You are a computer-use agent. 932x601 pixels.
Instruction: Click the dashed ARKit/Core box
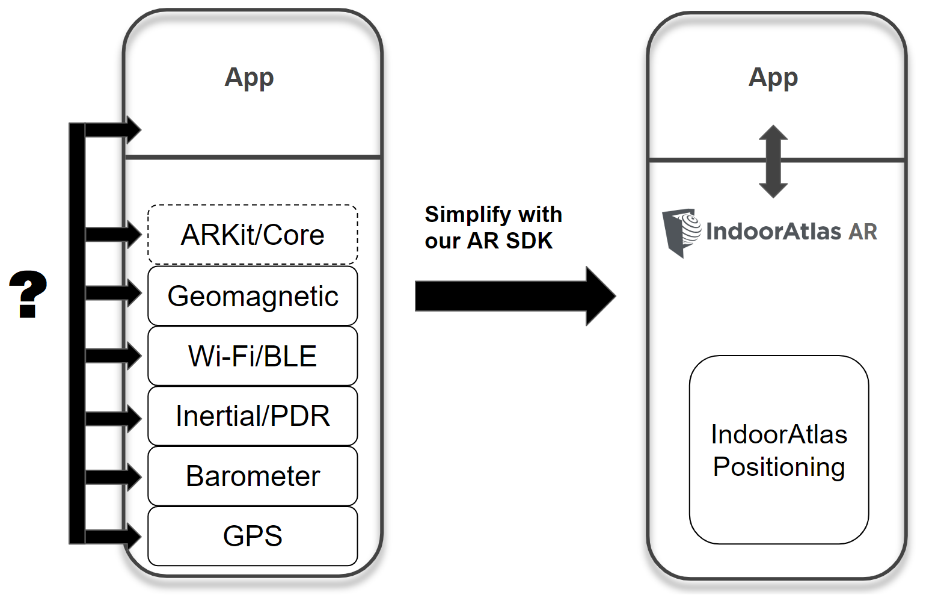pos(253,235)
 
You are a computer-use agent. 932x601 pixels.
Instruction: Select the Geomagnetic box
pos(253,296)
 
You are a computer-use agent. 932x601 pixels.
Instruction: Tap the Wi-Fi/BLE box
pos(253,356)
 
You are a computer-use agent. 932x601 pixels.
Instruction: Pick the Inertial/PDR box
pos(253,416)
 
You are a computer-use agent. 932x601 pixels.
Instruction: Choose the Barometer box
pos(253,476)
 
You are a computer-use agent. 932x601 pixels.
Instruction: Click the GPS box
pos(253,536)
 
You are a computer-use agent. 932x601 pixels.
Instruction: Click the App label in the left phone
pos(249,78)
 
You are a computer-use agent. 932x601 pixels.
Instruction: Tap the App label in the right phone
pos(773,78)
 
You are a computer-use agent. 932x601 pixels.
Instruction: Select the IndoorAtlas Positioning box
pos(779,450)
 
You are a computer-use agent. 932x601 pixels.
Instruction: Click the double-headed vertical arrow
pos(773,161)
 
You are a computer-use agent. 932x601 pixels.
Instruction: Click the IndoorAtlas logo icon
pos(681,232)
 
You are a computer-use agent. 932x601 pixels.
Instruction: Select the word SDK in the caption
pos(529,241)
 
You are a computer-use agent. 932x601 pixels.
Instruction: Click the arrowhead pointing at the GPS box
pos(132,536)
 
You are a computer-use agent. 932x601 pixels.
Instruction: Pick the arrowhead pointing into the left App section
pos(132,129)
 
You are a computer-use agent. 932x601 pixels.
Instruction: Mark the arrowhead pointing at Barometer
pos(132,477)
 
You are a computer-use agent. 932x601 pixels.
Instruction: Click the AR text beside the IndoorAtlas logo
pos(863,232)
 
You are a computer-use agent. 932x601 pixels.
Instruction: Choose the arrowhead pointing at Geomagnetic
pos(132,293)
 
